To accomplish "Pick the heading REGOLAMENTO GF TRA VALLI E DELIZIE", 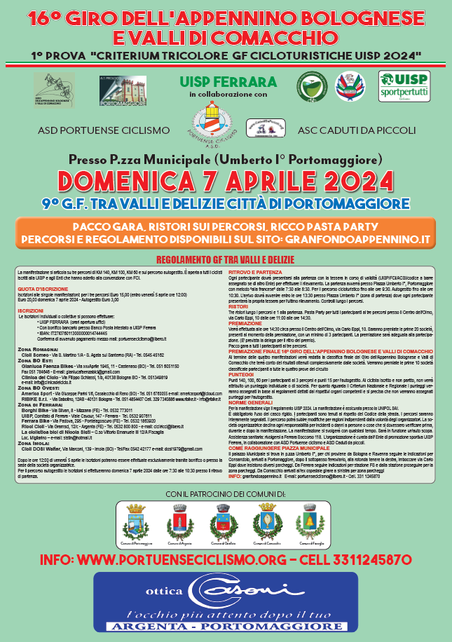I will pyautogui.click(x=226, y=258).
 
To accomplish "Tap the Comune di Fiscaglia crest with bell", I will pyautogui.click(x=306, y=522).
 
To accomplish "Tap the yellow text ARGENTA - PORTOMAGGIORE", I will pyautogui.click(x=226, y=628).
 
